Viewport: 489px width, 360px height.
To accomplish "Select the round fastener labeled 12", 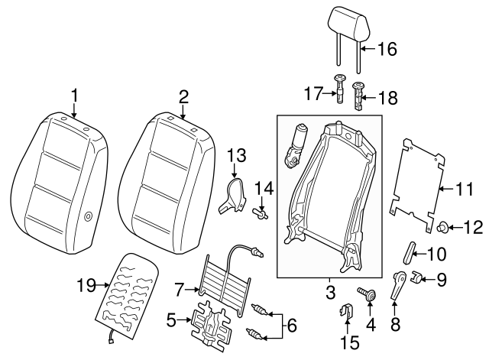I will pos(443,225).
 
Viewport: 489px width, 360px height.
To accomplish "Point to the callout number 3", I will pos(331,292).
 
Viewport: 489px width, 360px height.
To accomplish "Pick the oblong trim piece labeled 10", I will pos(408,250).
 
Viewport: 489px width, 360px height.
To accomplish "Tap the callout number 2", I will pos(183,96).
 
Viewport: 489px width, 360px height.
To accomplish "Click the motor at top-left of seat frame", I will pos(296,145).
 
